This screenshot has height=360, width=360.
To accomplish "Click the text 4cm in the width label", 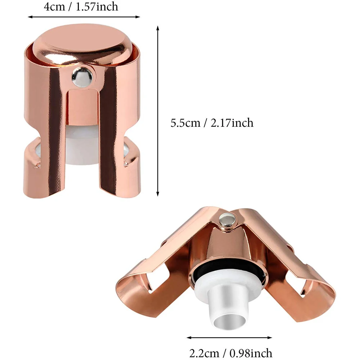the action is [54, 6].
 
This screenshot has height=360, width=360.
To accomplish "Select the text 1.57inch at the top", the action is [96, 6].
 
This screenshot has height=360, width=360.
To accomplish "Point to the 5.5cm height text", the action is [185, 123].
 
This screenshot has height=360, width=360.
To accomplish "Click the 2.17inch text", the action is [232, 123].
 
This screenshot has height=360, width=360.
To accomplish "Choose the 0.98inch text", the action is [251, 353].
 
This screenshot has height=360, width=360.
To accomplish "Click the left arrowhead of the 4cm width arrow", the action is [30, 17].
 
